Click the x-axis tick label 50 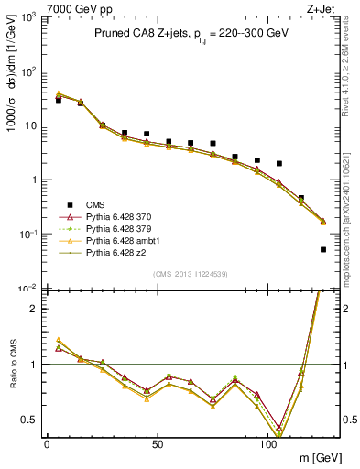[x=158, y=443]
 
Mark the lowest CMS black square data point [x=323, y=249]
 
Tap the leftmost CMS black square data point [x=59, y=100]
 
